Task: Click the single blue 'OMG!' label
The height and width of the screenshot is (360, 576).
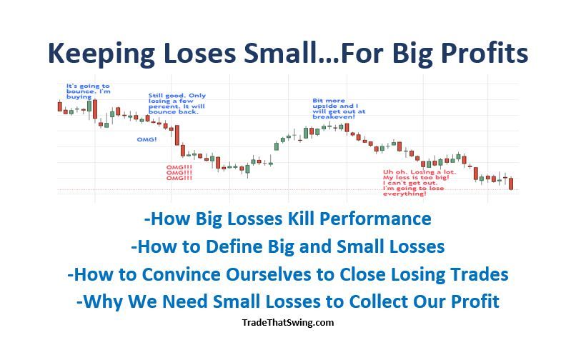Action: pos(147,139)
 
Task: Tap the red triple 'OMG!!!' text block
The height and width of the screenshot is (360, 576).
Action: pos(179,172)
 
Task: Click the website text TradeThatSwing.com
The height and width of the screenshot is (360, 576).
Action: pos(288,322)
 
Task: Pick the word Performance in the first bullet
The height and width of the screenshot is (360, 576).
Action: pos(379,218)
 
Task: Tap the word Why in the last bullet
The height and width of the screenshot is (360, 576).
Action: pos(102,301)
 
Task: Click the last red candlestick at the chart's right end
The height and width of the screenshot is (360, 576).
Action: pos(512,184)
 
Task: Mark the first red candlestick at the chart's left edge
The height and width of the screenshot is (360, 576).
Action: pos(60,106)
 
